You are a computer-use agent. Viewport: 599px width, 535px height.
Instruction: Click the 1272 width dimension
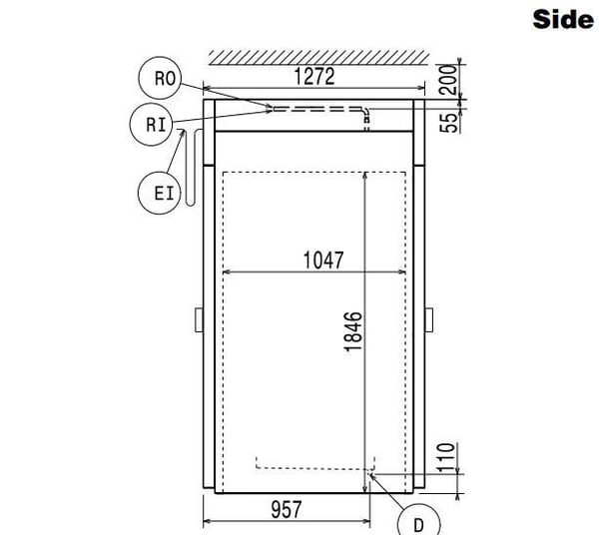point(314,77)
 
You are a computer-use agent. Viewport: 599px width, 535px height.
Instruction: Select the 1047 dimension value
point(323,261)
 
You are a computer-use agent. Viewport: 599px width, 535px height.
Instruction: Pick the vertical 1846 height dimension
point(352,331)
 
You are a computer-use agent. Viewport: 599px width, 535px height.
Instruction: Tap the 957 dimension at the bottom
point(287,509)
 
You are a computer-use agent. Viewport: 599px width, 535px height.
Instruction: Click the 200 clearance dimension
point(448,80)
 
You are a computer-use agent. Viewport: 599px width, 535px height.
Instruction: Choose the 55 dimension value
point(448,122)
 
